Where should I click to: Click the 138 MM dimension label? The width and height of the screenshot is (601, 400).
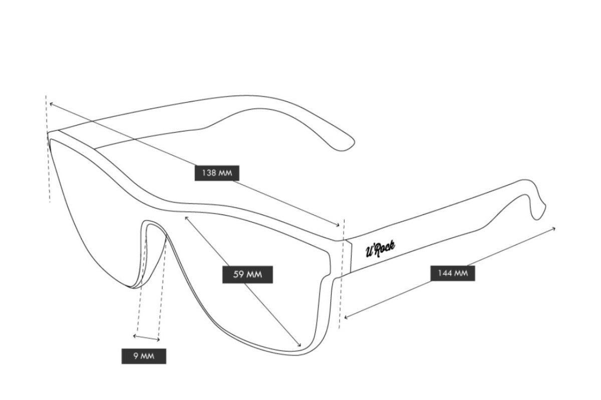pyautogui.click(x=217, y=173)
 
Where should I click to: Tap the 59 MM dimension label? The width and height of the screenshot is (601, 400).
pyautogui.click(x=248, y=274)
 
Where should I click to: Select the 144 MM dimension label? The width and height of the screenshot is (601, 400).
pyautogui.click(x=452, y=273)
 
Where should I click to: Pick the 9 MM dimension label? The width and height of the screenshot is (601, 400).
pyautogui.click(x=143, y=356)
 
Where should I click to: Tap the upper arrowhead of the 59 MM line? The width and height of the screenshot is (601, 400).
pyautogui.click(x=187, y=217)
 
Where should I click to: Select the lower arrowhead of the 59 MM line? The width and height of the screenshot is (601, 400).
pyautogui.click(x=299, y=345)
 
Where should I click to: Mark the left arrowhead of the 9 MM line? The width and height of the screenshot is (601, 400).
pyautogui.click(x=135, y=335)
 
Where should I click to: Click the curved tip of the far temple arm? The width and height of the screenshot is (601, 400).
pyautogui.click(x=351, y=145)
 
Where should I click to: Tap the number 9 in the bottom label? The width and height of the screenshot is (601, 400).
pyautogui.click(x=136, y=356)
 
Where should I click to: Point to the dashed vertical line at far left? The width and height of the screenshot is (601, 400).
pyautogui.click(x=49, y=150)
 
